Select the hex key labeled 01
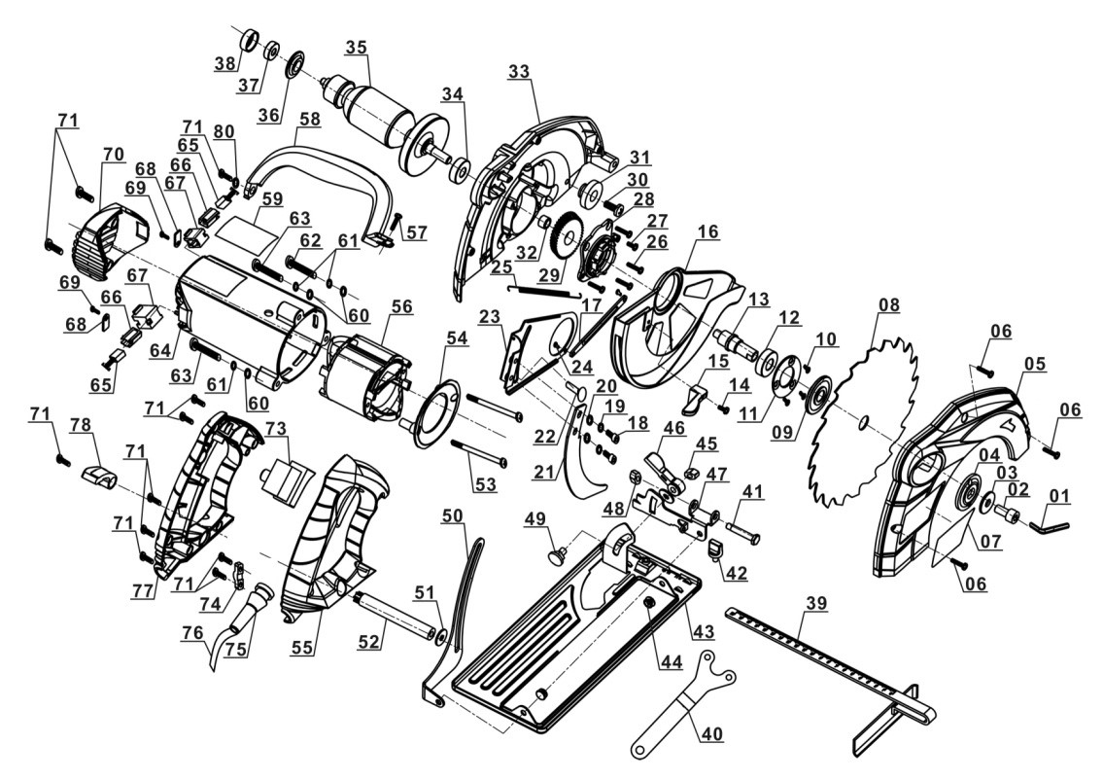point(1051,525)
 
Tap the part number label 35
point(357,46)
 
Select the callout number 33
point(520,70)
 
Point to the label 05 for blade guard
point(1034,365)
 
